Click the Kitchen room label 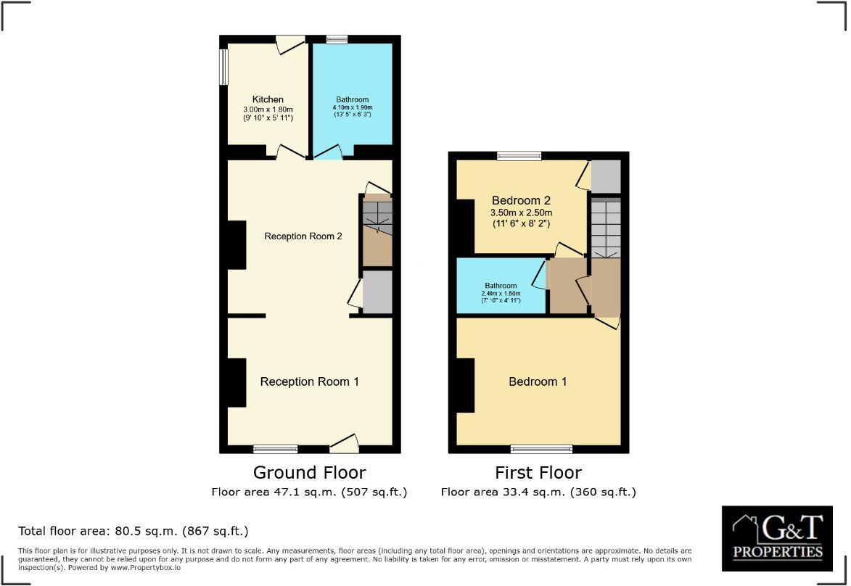coord(268,99)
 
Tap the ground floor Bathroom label coord(352,99)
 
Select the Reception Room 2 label coord(303,236)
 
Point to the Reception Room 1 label coord(309,381)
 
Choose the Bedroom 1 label coord(538,381)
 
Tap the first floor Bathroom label coord(501,286)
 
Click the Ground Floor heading coord(309,473)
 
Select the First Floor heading coord(538,473)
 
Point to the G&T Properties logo coord(777,539)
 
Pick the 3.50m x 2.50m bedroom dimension coord(521,213)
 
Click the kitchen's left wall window coord(224,67)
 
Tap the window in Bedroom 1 coord(540,448)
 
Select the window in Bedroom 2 coord(519,156)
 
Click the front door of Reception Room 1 coord(344,442)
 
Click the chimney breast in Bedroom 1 coord(464,384)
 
